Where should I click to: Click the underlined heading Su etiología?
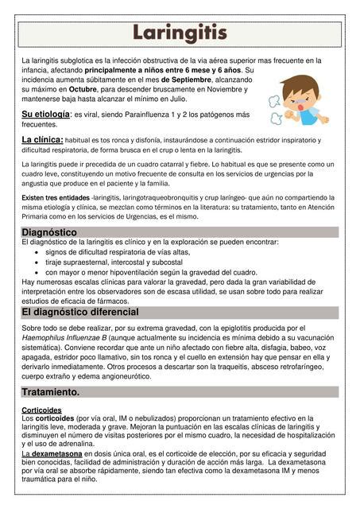[45, 115]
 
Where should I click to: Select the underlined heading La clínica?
[42, 140]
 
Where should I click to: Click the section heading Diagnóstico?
[49, 232]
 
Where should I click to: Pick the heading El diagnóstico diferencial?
[80, 313]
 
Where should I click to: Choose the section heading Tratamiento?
[51, 393]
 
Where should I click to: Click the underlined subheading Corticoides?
[42, 410]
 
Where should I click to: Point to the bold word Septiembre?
[187, 80]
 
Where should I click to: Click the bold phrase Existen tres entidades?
[56, 197]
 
